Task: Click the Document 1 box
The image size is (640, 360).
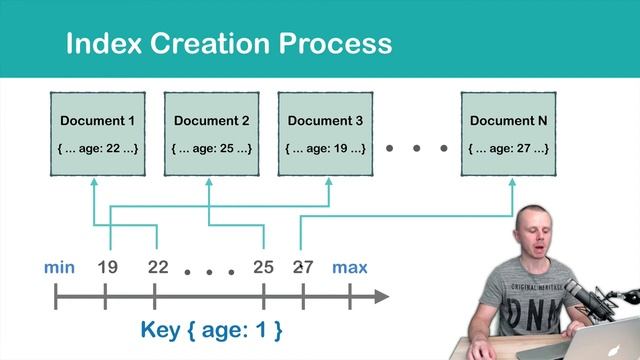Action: (97, 134)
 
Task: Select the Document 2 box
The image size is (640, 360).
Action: (211, 134)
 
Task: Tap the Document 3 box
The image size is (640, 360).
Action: (325, 134)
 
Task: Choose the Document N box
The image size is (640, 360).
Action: (509, 134)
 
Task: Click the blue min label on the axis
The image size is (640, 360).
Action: (60, 267)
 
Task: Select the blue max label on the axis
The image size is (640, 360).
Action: (350, 267)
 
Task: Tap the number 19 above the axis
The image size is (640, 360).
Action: (108, 267)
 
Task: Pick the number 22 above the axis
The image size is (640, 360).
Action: (157, 267)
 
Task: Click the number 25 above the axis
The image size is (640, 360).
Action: (263, 267)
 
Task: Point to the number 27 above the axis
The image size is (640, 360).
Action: (302, 267)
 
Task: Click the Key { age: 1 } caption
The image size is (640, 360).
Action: (211, 328)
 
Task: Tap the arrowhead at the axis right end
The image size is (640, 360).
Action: (380, 296)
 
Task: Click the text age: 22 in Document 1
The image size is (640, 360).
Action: (104, 149)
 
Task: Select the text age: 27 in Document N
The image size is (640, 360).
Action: (516, 149)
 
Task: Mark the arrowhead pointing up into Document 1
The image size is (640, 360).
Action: (94, 185)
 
